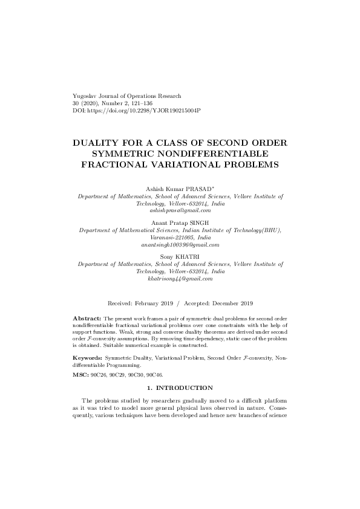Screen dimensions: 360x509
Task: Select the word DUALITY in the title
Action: point(98,143)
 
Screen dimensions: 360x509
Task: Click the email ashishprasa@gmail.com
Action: point(180,210)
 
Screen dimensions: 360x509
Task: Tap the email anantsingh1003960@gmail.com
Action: point(180,244)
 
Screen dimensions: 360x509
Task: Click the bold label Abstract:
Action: point(87,317)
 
